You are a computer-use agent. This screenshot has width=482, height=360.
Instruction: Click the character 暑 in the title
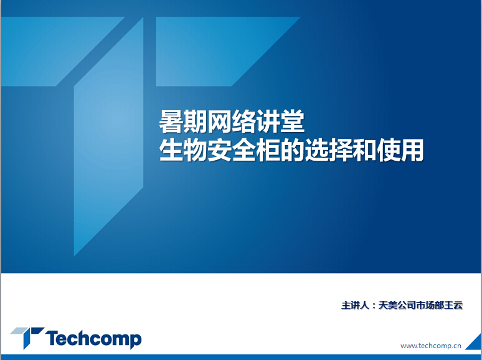pyautogui.click(x=171, y=121)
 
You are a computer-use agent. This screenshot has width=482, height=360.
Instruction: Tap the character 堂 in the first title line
pyautogui.click(x=293, y=121)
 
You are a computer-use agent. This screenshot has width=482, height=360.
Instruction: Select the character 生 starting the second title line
pyautogui.click(x=171, y=150)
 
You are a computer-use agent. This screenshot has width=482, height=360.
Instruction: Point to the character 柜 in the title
pyautogui.click(x=268, y=150)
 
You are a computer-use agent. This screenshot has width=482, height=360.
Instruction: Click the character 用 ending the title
pyautogui.click(x=412, y=150)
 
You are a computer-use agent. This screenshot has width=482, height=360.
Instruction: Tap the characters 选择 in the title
pyautogui.click(x=329, y=150)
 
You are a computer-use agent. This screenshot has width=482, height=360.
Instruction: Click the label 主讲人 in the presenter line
pyautogui.click(x=355, y=305)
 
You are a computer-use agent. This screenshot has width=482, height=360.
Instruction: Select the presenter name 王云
pyautogui.click(x=453, y=305)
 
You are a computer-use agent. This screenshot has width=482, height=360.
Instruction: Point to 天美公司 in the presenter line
pyautogui.click(x=397, y=305)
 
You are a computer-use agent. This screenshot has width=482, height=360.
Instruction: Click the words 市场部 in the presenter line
pyautogui.click(x=430, y=305)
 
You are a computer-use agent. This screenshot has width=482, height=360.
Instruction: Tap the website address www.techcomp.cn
pyautogui.click(x=431, y=346)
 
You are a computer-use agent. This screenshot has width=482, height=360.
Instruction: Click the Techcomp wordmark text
pyautogui.click(x=94, y=339)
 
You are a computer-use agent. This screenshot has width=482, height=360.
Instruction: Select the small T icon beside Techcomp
pyautogui.click(x=27, y=338)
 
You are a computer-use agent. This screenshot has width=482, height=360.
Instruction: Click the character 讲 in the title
pyautogui.click(x=268, y=121)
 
